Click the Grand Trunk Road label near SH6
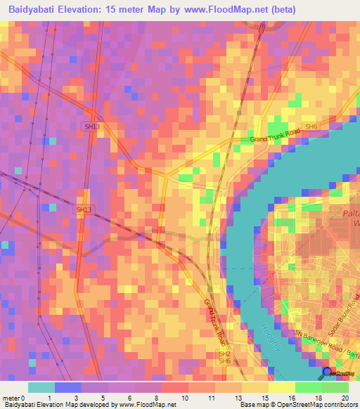276,136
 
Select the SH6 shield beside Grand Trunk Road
312,127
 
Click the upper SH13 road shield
92,126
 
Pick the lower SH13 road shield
84,209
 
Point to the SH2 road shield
224,353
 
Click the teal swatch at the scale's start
41,387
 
